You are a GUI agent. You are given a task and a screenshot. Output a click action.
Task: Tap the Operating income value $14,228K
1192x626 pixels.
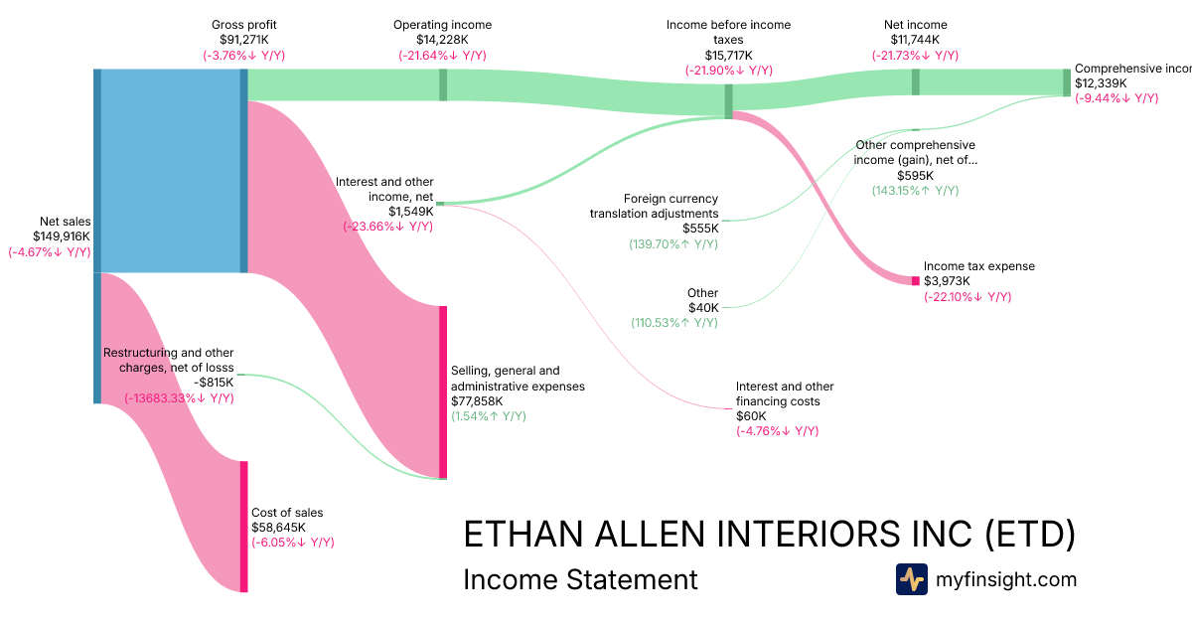coord(442,40)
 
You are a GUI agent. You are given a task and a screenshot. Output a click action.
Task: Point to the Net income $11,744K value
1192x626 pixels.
coord(915,40)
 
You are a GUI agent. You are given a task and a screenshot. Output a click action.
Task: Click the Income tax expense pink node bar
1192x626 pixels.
coord(916,280)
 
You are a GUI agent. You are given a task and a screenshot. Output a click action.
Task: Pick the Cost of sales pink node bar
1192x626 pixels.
coord(243,526)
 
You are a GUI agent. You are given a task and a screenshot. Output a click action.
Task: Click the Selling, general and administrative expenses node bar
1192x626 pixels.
coord(443,391)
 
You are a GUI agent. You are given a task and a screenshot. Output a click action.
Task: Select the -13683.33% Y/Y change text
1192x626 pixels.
coord(179,398)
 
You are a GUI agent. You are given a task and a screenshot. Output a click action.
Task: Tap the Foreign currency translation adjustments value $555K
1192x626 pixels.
coord(699,229)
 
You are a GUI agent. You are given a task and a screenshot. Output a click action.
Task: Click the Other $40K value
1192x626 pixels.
coord(702,308)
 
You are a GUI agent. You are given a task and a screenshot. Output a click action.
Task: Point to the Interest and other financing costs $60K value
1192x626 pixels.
coord(751,416)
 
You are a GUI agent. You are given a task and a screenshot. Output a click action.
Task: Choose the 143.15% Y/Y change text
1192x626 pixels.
coord(915,190)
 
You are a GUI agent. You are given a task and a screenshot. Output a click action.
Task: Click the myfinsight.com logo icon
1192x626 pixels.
coord(911,579)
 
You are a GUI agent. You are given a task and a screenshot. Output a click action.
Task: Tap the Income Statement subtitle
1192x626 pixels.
coord(580,579)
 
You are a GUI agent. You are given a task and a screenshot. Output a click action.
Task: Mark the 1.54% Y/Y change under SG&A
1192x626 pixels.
coord(489,416)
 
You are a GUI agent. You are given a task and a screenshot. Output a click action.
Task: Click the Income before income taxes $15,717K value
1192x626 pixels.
coord(728,56)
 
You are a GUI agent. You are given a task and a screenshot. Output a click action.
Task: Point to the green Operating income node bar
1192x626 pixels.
coord(443,84)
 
